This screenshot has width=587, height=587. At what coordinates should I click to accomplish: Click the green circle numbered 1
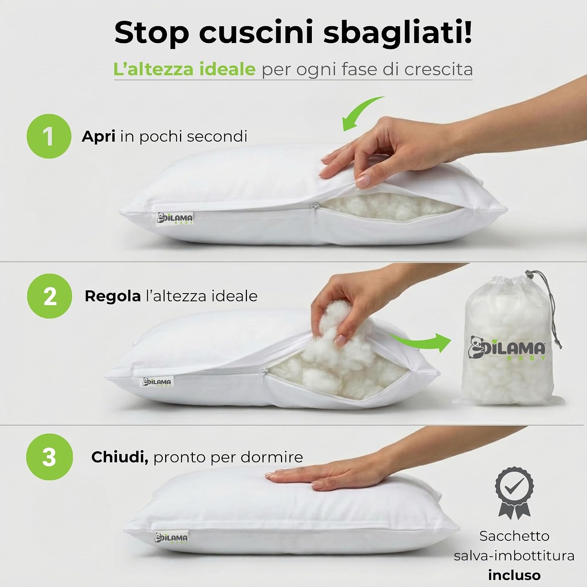[49, 136]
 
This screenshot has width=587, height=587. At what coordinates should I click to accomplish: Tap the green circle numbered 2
[50, 296]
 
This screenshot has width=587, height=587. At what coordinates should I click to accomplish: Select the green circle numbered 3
[50, 457]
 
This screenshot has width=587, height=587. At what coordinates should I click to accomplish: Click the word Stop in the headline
[152, 33]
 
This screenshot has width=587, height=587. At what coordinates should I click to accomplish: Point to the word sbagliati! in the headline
[398, 33]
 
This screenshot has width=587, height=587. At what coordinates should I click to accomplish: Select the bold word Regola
[113, 297]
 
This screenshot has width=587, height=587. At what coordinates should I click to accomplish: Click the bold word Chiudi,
[120, 457]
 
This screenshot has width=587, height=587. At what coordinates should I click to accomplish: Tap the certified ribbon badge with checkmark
[514, 492]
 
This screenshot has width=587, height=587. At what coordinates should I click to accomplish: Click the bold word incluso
[514, 575]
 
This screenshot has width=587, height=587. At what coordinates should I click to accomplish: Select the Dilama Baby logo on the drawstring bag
[507, 348]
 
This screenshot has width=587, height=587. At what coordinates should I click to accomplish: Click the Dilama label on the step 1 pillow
[175, 218]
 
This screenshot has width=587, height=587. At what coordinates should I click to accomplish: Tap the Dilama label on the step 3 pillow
[171, 537]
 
